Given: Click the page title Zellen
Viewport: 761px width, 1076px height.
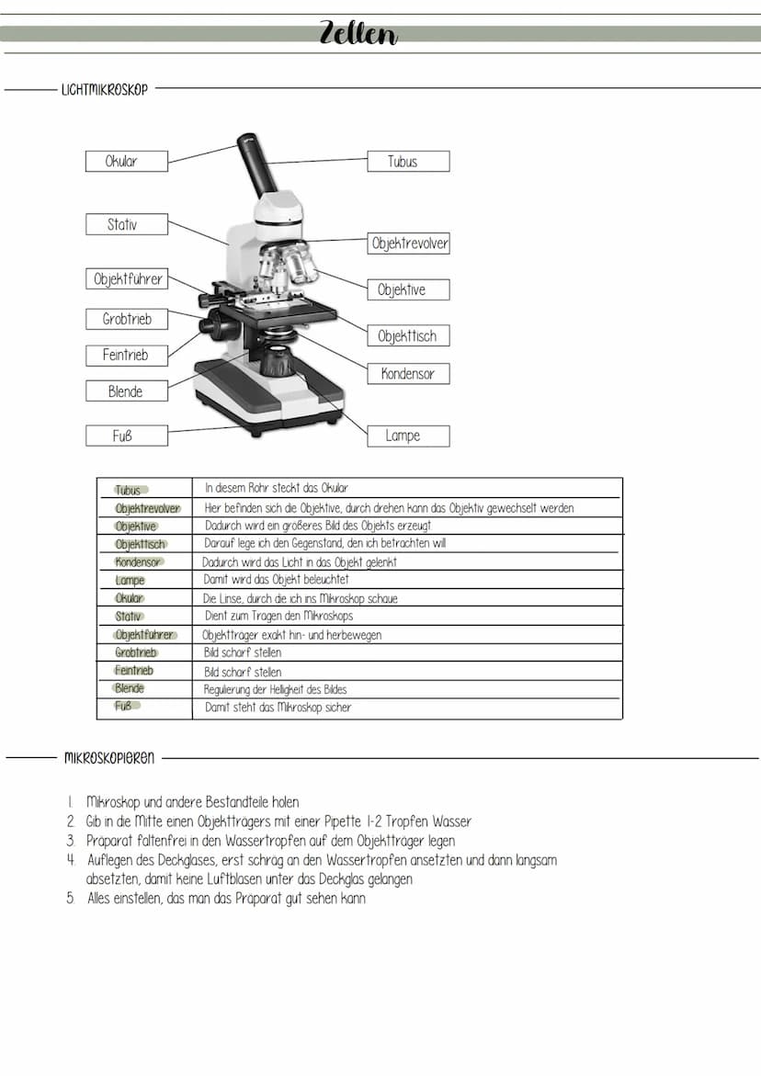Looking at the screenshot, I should [358, 33].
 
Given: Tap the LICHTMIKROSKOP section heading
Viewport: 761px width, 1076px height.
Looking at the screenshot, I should [104, 90].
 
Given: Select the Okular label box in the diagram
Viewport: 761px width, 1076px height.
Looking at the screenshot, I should [126, 162].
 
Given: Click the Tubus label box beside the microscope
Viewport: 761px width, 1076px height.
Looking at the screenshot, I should [408, 162].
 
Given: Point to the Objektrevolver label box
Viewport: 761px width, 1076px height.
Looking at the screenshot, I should [409, 244].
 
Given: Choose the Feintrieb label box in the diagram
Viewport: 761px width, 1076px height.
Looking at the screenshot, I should [126, 355].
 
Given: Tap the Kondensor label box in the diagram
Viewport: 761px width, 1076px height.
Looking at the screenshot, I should [408, 374].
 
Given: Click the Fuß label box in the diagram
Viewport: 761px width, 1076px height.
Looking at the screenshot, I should [126, 436].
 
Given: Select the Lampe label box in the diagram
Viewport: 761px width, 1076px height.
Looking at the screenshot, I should [408, 436].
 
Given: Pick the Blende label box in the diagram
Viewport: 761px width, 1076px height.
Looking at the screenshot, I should [126, 391].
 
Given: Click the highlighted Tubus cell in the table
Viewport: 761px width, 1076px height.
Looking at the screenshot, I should [129, 490].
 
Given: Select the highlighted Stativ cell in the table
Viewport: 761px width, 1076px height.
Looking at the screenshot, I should [129, 617].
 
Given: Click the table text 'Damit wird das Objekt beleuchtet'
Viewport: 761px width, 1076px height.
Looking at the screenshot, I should [276, 580].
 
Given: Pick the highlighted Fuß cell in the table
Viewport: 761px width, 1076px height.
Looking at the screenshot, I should [124, 707].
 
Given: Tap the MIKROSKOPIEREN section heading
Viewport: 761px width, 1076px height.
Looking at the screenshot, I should [109, 759].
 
